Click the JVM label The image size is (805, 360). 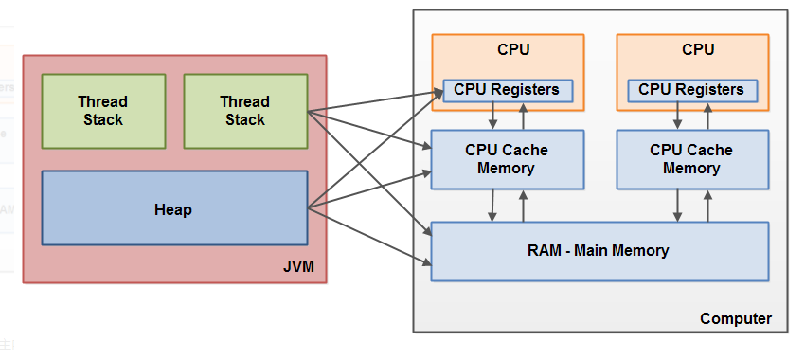(x=298, y=266)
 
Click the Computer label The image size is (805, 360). (x=735, y=318)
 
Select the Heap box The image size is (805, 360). (x=174, y=208)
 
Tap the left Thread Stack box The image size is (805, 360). (x=103, y=111)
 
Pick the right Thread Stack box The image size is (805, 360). (x=245, y=111)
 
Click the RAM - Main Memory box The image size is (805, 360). (x=599, y=252)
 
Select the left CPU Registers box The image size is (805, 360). (x=508, y=91)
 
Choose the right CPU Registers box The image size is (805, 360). (x=692, y=91)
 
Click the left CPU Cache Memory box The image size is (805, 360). (x=508, y=160)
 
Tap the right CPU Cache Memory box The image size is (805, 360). (x=692, y=160)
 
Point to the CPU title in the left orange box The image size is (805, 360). (x=513, y=49)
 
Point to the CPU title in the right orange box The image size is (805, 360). (x=698, y=49)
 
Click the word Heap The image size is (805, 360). (x=173, y=209)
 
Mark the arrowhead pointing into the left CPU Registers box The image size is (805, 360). (x=438, y=93)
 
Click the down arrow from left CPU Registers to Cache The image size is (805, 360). (x=492, y=117)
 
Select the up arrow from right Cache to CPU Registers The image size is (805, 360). (x=707, y=117)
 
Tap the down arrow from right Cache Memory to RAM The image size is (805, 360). (x=677, y=206)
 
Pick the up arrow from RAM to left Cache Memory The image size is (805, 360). (x=523, y=206)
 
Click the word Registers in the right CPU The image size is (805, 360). (x=712, y=90)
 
